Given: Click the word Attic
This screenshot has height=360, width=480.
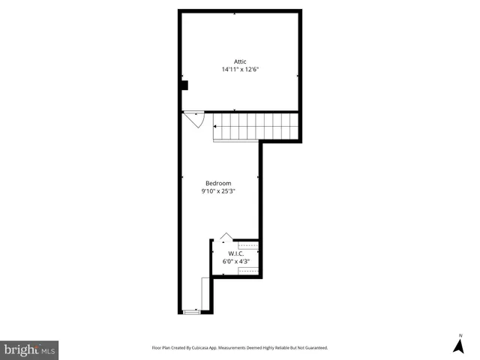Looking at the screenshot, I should (240, 61).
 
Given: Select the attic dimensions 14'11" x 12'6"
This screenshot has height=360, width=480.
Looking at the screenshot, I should (240, 69).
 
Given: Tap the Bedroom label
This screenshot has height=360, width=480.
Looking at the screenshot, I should (218, 183).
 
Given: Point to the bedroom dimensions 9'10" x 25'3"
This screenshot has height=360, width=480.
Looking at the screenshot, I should (218, 190).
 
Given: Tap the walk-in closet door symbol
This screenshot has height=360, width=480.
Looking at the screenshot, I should (226, 237).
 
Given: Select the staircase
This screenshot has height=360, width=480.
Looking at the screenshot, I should (256, 125).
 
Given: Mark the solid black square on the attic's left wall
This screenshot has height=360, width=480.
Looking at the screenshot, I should (182, 85).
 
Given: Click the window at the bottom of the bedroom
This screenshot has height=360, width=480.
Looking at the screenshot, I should (192, 311).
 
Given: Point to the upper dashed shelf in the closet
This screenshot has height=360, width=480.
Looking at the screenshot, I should (248, 244).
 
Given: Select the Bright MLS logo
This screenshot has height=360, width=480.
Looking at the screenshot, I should (29, 349).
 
